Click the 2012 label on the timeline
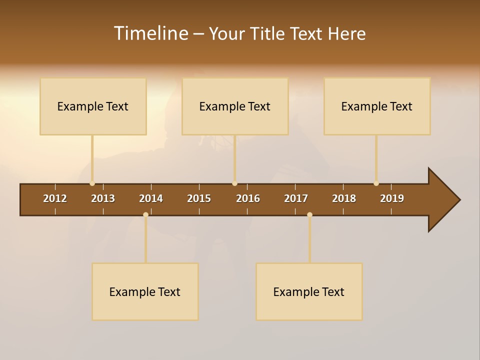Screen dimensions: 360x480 point(55,198)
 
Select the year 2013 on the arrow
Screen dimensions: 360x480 point(103,198)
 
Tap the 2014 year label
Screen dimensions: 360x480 point(151,198)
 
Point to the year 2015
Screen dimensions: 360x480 point(199,198)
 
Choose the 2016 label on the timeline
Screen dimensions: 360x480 point(248,198)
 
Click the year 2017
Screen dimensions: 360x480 point(296,198)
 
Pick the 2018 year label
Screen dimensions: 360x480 point(344,198)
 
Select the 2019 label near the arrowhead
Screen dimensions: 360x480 point(392,198)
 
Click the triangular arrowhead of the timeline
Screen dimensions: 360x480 point(442,200)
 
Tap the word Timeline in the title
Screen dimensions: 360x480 point(150,33)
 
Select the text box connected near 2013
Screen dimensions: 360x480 point(93,106)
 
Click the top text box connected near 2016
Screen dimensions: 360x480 point(235,106)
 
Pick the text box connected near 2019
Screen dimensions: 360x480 point(377,106)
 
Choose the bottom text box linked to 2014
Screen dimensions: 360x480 point(145,291)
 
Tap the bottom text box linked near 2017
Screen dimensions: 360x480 point(309,291)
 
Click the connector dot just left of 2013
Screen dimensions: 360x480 point(92,183)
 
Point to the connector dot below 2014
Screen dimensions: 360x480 point(145,214)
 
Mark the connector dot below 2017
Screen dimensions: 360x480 point(309,214)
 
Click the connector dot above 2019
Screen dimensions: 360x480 point(376,183)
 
